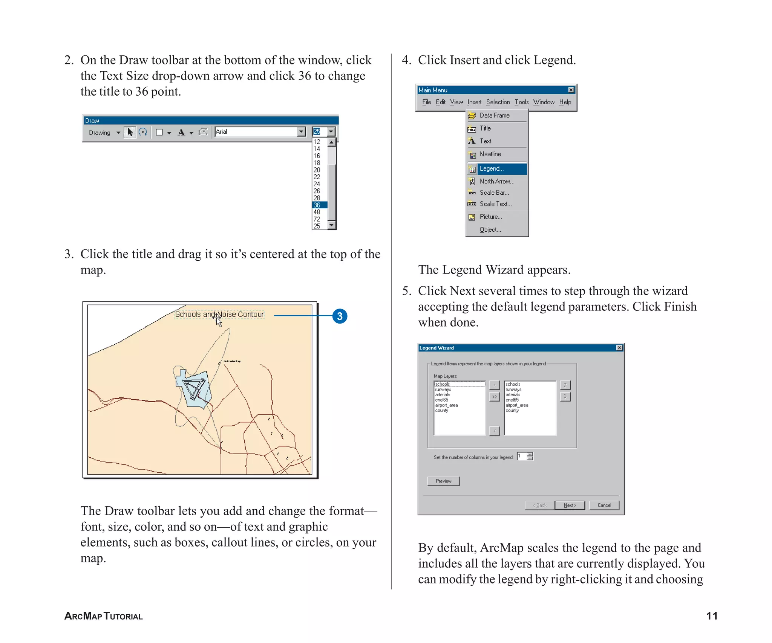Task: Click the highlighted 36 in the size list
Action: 319,205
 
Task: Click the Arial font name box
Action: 256,131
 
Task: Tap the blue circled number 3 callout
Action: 340,316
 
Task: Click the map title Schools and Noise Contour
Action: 219,314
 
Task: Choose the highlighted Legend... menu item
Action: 497,168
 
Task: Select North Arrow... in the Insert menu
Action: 496,181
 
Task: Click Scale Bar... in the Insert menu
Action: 494,192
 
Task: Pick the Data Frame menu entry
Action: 494,115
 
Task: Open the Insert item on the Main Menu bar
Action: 474,102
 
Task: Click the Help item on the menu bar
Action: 565,102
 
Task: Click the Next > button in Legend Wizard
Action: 570,505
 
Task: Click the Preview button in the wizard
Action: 443,481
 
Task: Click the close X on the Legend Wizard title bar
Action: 619,348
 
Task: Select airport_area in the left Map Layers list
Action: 446,405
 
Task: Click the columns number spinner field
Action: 522,457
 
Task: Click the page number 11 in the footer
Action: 711,616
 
